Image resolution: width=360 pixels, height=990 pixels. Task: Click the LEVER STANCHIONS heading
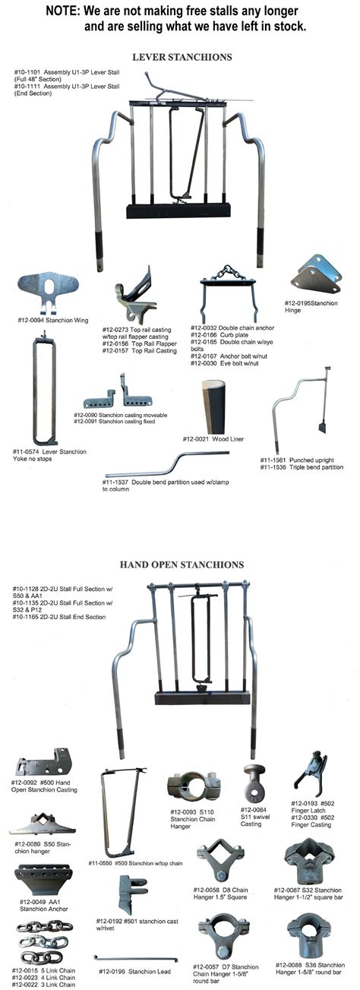[x=182, y=57]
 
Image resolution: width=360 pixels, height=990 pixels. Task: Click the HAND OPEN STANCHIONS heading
[x=182, y=565]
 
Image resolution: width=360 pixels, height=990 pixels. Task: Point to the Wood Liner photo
[x=214, y=406]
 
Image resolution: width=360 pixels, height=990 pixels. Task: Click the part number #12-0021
[x=197, y=439]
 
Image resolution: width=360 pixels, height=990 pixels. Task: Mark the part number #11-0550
[x=102, y=863]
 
